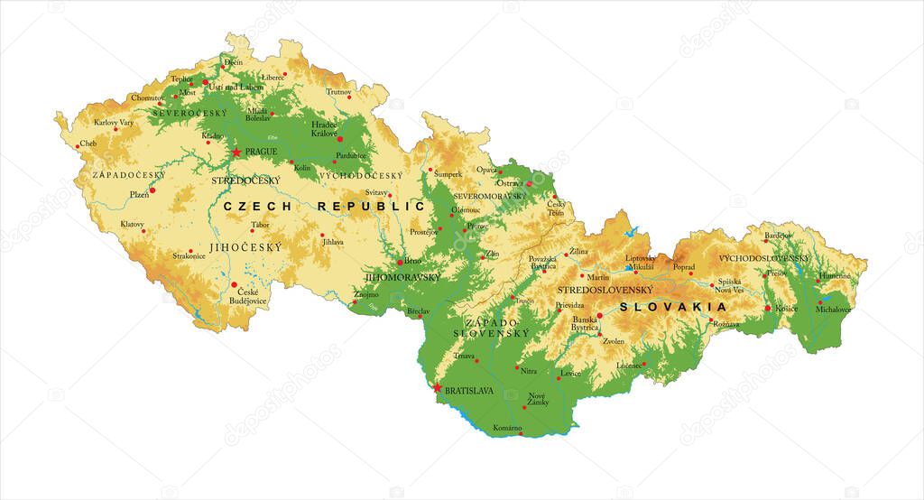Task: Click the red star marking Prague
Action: pyautogui.click(x=236, y=153)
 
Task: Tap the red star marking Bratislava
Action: pyautogui.click(x=439, y=389)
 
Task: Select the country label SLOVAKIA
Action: pyautogui.click(x=673, y=307)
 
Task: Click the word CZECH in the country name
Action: pyautogui.click(x=260, y=207)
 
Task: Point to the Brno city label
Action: pyautogui.click(x=412, y=261)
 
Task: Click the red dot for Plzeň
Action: pyautogui.click(x=152, y=190)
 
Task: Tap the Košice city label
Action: pyautogui.click(x=786, y=309)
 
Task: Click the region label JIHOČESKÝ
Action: pyautogui.click(x=245, y=246)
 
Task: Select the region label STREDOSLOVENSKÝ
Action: pyautogui.click(x=605, y=290)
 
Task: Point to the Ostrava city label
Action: pyautogui.click(x=510, y=183)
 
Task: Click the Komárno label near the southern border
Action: pyautogui.click(x=508, y=427)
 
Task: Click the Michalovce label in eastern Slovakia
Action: pyautogui.click(x=833, y=310)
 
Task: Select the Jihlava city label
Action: pyautogui.click(x=333, y=242)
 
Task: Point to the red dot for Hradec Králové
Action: pyautogui.click(x=340, y=139)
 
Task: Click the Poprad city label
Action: pyautogui.click(x=684, y=267)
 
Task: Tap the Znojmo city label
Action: pyautogui.click(x=366, y=294)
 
